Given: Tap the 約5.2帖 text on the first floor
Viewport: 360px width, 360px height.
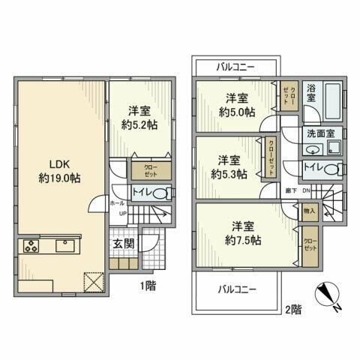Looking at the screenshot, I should pyautogui.click(x=139, y=124).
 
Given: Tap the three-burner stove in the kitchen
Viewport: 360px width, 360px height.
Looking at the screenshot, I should pyautogui.click(x=32, y=246).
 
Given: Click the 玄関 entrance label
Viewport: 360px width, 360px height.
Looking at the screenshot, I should pyautogui.click(x=124, y=244).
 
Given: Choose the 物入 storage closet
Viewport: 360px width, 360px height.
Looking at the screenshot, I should pyautogui.click(x=310, y=211).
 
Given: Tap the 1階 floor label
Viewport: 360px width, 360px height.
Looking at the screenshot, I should pyautogui.click(x=147, y=285).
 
